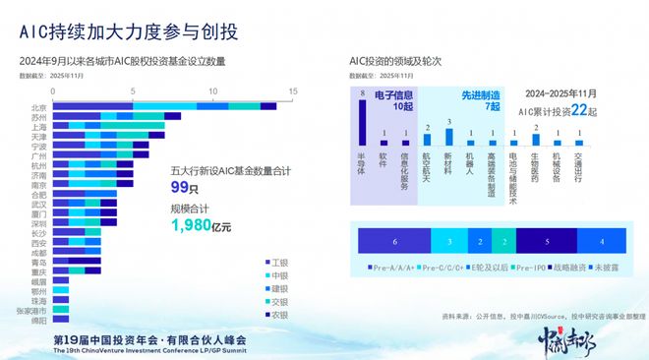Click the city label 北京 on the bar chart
click(38, 107)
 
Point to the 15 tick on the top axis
click(293, 91)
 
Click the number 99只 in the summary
click(178, 186)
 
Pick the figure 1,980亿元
click(201, 225)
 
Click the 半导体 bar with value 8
click(363, 122)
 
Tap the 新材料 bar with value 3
click(448, 135)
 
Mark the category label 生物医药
click(534, 161)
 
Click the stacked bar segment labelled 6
click(394, 240)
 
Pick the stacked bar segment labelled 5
click(547, 240)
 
